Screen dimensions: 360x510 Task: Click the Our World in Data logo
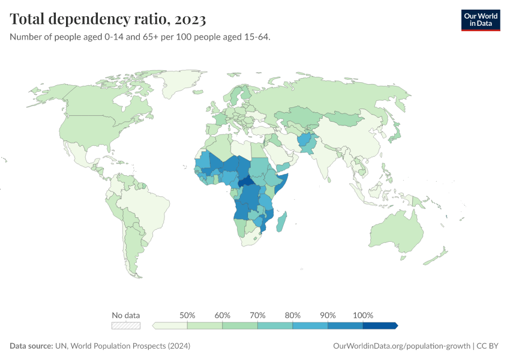480,20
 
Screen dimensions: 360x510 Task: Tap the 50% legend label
187,315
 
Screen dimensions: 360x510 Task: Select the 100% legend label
363,315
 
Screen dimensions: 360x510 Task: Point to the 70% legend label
257,315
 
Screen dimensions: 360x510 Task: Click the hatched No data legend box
126,325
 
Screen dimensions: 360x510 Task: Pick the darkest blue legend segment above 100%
380,325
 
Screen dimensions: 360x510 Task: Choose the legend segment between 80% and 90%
310,325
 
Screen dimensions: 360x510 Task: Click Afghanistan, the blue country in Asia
305,142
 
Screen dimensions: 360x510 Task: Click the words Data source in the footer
30,346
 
